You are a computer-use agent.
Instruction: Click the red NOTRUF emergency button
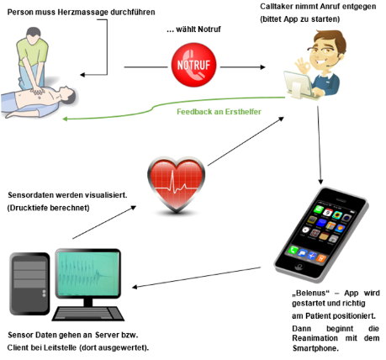(x=193, y=65)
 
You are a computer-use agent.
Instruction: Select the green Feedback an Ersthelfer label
(x=219, y=112)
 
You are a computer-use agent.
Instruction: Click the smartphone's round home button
(x=299, y=265)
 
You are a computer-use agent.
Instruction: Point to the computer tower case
(x=29, y=283)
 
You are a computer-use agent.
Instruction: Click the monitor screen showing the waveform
(x=87, y=273)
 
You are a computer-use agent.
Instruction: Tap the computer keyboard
(x=88, y=314)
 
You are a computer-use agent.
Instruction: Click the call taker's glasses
(x=325, y=50)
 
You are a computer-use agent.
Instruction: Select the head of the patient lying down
(x=67, y=94)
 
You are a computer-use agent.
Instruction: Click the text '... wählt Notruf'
(x=193, y=29)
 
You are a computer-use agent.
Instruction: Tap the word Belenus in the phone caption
(x=310, y=293)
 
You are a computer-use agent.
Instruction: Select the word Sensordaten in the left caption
(x=30, y=195)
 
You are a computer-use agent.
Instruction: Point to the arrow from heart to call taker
(x=246, y=141)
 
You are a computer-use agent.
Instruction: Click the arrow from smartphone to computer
(x=196, y=278)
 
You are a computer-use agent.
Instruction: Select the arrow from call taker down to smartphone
(x=320, y=145)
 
